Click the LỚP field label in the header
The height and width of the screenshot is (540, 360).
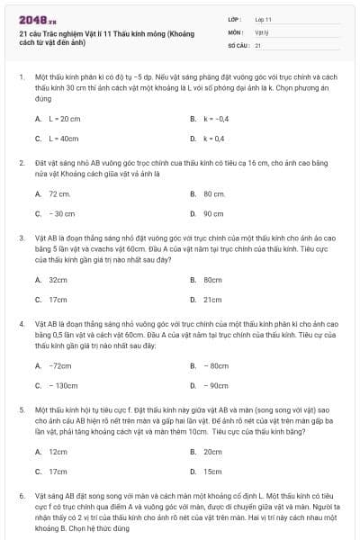point(235,19)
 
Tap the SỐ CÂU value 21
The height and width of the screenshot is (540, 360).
point(258,44)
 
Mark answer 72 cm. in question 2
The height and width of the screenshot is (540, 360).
point(59,193)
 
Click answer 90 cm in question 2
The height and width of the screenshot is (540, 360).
point(213,213)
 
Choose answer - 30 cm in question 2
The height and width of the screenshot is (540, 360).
point(61,213)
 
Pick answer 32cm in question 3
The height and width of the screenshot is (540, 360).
point(58,280)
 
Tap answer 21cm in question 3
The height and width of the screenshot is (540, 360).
point(212,300)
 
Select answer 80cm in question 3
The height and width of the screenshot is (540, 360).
point(212,280)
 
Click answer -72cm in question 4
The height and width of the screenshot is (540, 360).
point(60,365)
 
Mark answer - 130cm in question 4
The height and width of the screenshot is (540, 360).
point(63,385)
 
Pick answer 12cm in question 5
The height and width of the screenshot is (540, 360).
point(58,451)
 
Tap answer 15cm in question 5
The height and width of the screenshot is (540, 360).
point(212,471)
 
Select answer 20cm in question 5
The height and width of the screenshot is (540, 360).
point(212,451)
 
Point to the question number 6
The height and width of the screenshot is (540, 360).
point(21,496)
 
